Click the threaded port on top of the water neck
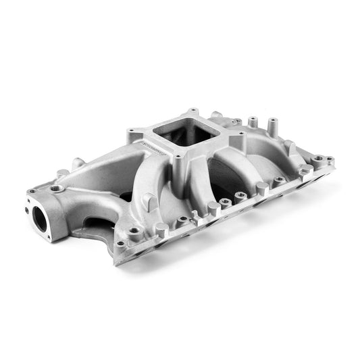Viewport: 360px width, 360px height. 59,188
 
